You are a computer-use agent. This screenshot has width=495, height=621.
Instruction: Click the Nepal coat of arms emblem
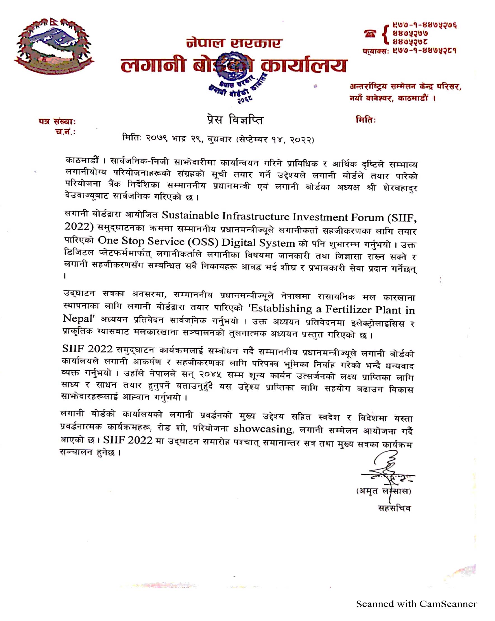click(x=54, y=46)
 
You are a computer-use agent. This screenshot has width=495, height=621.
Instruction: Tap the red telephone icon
click(x=370, y=34)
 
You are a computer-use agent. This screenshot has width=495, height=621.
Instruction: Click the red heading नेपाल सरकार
click(x=234, y=43)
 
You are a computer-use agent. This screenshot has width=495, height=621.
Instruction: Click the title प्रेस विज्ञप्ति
click(x=235, y=119)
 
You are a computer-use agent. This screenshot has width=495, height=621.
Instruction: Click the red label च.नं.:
click(x=65, y=132)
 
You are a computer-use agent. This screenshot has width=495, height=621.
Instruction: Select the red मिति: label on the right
click(x=366, y=119)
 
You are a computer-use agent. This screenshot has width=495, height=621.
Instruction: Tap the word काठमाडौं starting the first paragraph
click(x=82, y=160)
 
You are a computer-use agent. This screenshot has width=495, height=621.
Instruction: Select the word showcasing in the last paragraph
click(x=263, y=429)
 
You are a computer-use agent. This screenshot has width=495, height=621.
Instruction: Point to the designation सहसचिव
click(x=394, y=508)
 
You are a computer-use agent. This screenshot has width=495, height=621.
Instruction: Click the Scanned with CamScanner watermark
click(x=416, y=604)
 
